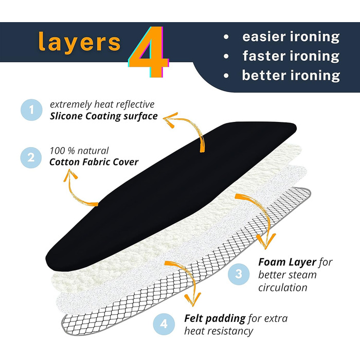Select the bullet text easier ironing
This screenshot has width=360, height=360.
point(291,37)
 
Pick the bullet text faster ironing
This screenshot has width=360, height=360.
point(291,56)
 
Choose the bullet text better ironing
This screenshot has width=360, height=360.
point(291,75)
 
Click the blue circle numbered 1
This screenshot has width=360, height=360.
point(32,110)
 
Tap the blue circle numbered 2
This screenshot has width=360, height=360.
point(32,156)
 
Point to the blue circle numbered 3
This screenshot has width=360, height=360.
point(238,274)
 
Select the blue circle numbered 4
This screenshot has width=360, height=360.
point(164,324)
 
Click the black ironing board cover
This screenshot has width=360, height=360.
point(170,190)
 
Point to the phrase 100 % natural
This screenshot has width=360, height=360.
point(79,151)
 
